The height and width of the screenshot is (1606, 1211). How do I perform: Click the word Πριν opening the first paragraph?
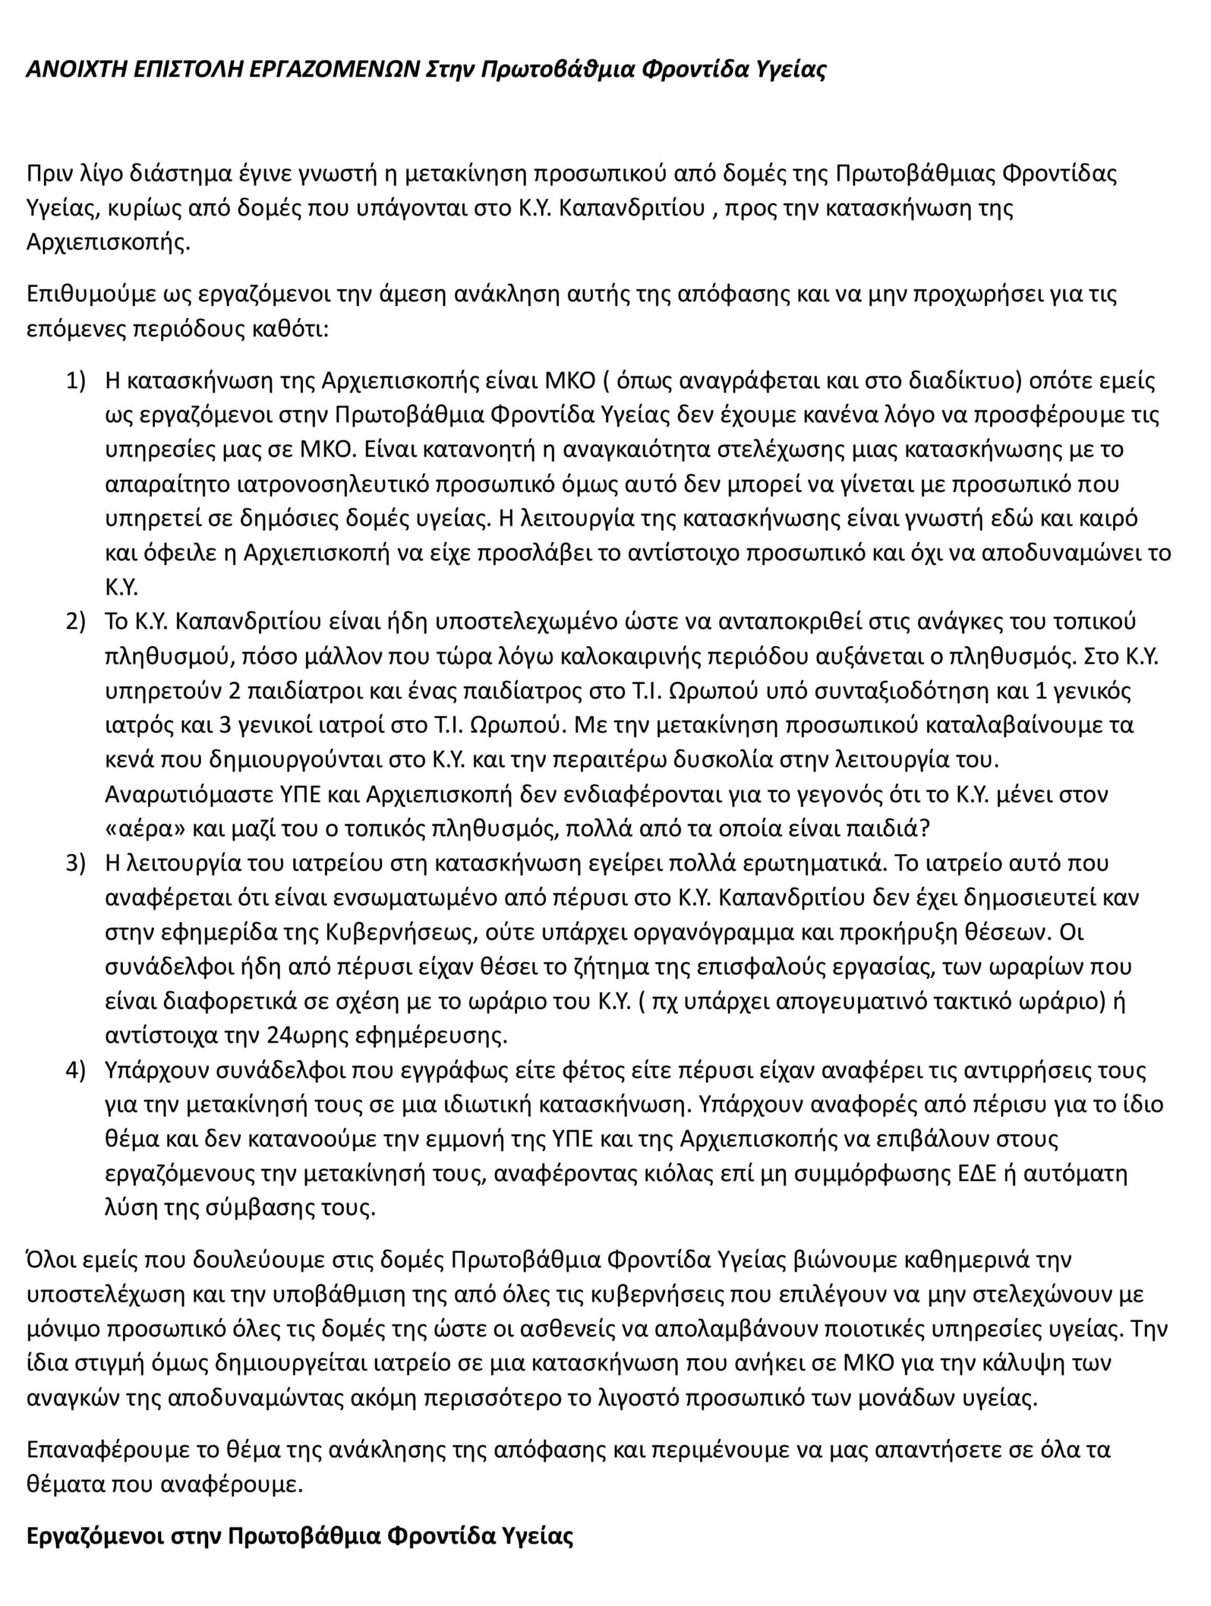[x=50, y=174]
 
